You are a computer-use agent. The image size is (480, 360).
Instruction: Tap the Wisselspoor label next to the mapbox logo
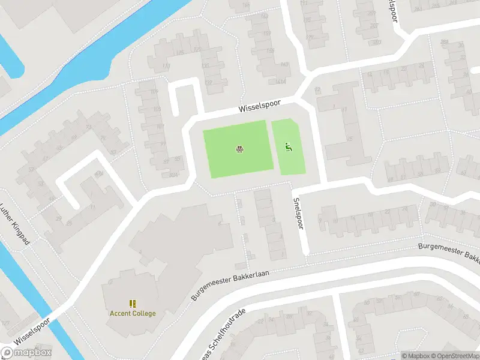(37, 331)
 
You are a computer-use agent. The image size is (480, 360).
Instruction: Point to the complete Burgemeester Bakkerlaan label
(230, 285)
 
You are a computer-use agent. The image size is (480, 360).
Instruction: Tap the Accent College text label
(132, 313)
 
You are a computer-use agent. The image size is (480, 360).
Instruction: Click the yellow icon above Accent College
(132, 304)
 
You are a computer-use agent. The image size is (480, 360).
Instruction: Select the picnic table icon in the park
(239, 149)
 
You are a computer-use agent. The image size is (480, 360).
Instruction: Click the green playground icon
(288, 146)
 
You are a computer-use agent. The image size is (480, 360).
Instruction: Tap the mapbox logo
(26, 353)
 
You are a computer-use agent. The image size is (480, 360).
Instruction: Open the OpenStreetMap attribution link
(455, 356)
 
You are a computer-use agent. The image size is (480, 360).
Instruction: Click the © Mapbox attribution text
(416, 356)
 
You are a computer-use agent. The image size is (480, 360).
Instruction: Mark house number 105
(157, 109)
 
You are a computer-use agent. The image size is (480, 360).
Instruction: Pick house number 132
(208, 83)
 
